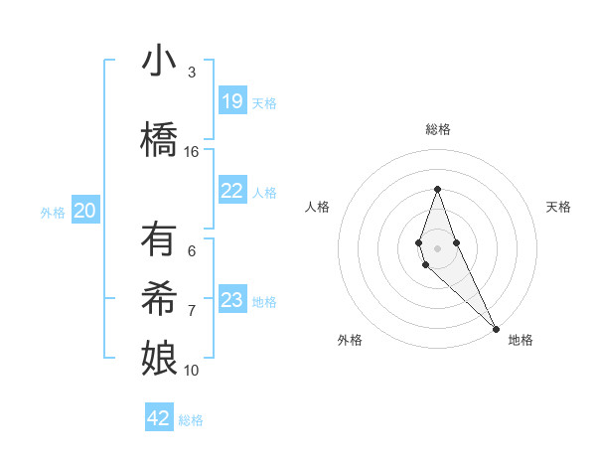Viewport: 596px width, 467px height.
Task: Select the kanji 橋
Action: (x=160, y=139)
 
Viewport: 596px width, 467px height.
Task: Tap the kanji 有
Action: (x=160, y=240)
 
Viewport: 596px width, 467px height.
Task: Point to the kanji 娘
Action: (x=160, y=356)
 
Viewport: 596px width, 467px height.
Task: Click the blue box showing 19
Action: (x=232, y=101)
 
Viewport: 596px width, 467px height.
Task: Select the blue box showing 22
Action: (x=232, y=191)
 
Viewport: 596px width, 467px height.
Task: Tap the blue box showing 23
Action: (x=232, y=300)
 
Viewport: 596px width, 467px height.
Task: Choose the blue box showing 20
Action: (x=85, y=211)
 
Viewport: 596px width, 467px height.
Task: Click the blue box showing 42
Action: (x=159, y=418)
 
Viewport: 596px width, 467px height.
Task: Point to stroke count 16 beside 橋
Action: (x=192, y=151)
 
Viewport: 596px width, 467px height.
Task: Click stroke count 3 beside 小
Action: (x=192, y=72)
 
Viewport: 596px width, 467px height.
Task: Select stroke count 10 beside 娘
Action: (x=192, y=370)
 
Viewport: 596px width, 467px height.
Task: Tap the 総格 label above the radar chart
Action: (x=437, y=129)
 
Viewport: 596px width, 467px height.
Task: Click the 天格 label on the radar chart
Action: (x=558, y=207)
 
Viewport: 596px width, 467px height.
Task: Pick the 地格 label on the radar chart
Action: (x=521, y=340)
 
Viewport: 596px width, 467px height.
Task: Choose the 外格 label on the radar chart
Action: (x=350, y=340)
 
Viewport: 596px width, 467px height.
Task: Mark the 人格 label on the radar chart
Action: (x=317, y=207)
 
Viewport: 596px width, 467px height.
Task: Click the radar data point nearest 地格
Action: (x=496, y=327)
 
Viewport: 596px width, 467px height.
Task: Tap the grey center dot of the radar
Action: (x=437, y=246)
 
